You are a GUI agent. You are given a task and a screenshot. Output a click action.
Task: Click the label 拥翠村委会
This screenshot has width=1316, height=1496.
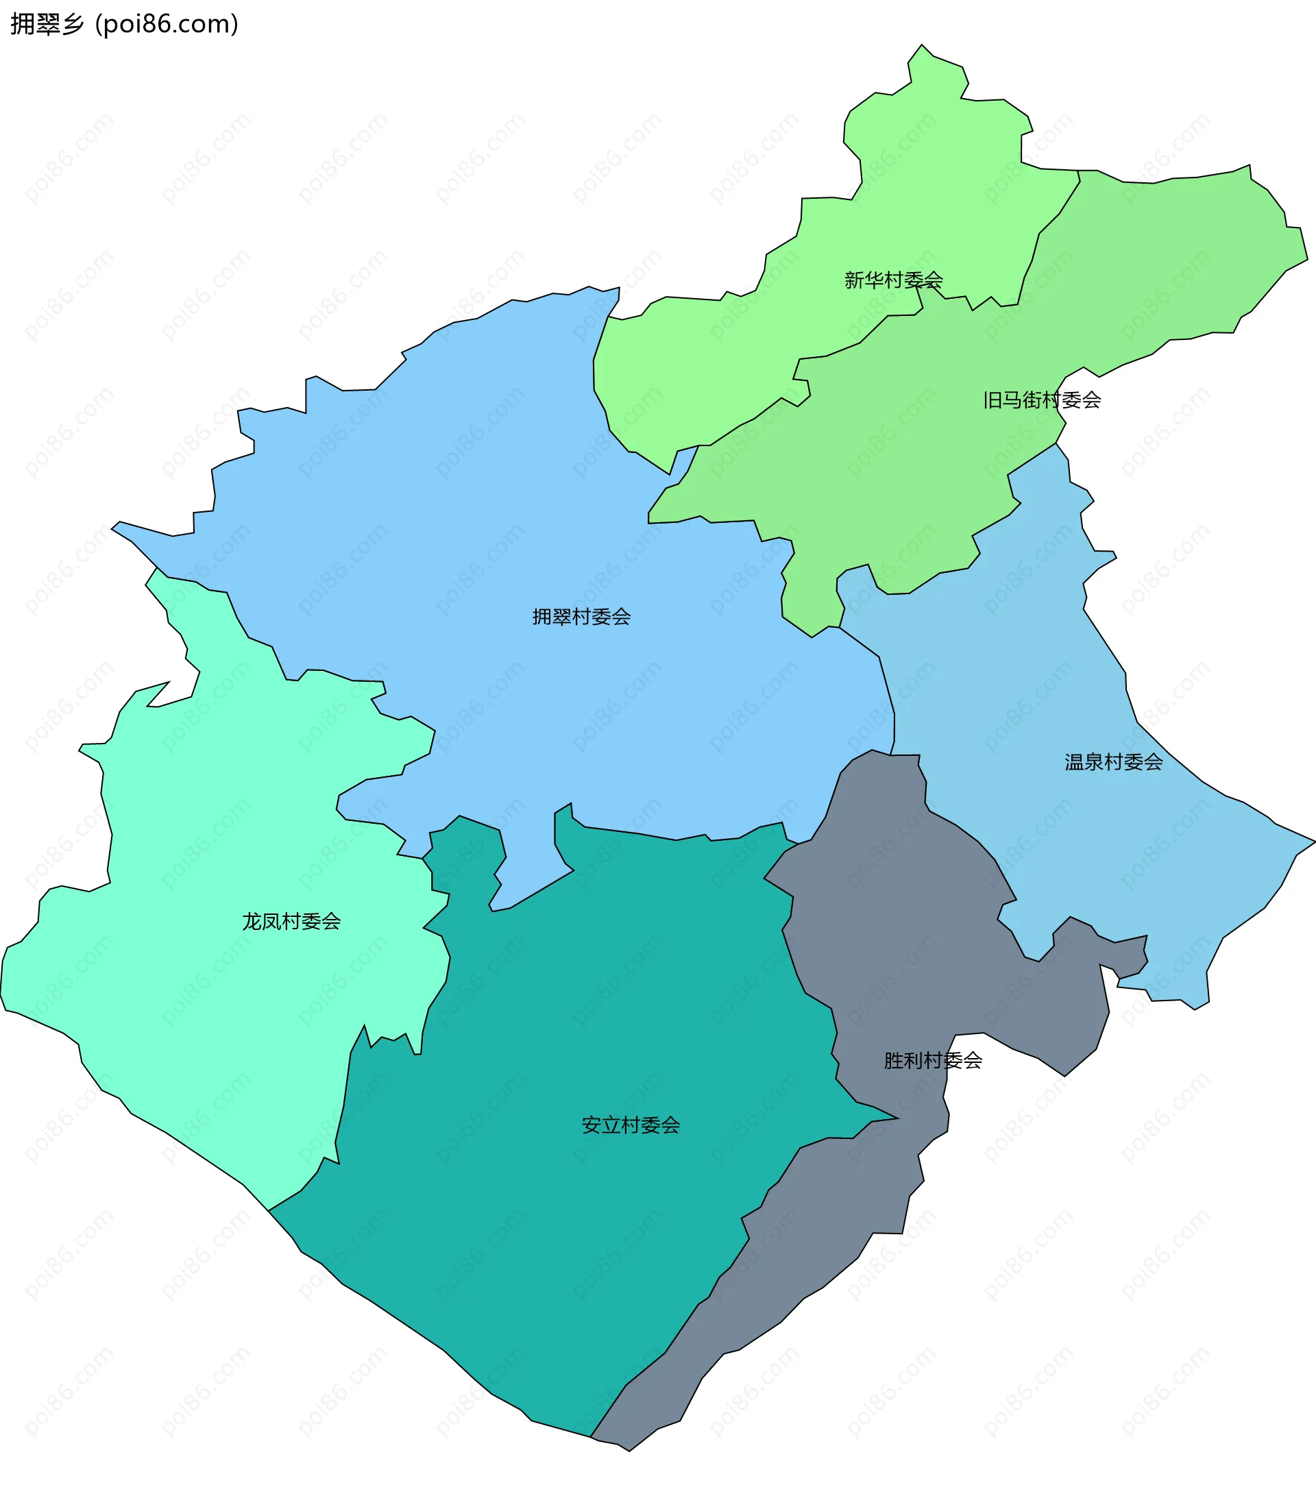[x=581, y=617]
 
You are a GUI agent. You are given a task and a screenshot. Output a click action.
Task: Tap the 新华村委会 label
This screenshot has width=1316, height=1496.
[x=893, y=280]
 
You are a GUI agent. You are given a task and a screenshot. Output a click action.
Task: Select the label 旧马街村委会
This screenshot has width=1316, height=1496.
[x=1042, y=400]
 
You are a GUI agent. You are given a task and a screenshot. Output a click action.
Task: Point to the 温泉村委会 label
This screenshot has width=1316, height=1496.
[x=1113, y=763]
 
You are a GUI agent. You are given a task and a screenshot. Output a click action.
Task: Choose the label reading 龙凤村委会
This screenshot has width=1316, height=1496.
[x=291, y=922]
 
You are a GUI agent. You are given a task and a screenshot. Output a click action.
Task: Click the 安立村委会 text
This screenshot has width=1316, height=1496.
[x=630, y=1126]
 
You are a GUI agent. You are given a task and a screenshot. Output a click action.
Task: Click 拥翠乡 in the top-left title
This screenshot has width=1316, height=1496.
[x=47, y=24]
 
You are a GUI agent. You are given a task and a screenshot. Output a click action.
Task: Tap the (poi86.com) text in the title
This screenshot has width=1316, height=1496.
[x=167, y=24]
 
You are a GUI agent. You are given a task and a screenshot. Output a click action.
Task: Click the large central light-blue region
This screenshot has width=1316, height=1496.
[x=512, y=513]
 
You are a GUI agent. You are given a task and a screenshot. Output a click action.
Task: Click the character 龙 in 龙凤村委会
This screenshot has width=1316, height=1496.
[x=252, y=922]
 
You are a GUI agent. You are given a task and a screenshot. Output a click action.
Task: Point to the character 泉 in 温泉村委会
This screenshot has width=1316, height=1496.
[x=1093, y=763]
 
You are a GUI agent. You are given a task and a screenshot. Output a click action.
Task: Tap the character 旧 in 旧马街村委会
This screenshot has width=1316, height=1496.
[x=992, y=400]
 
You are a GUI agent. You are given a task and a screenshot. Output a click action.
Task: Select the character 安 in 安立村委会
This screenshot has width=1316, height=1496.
[x=592, y=1126]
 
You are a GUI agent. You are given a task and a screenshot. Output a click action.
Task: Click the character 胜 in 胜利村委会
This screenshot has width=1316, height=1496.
[x=894, y=1061]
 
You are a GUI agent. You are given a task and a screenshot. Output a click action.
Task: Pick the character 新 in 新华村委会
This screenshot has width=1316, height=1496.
[x=854, y=280]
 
